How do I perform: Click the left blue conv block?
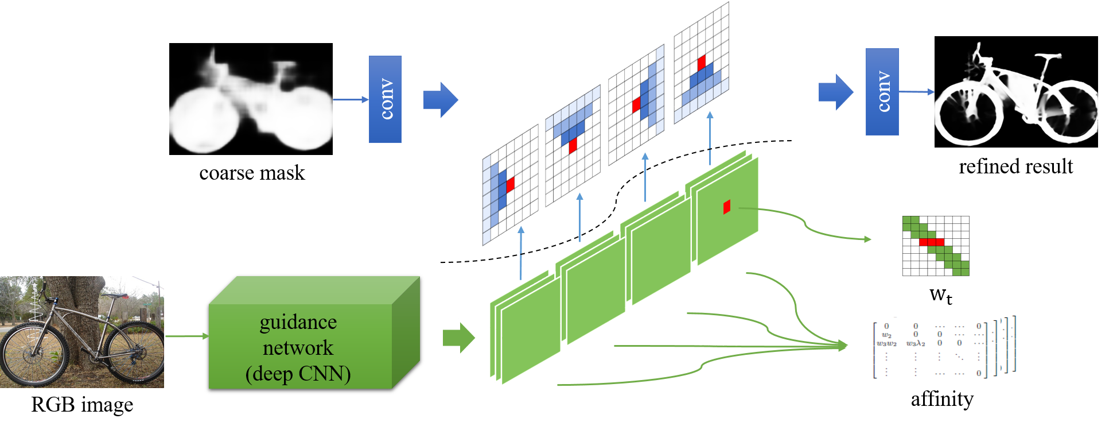pyautogui.click(x=385, y=99)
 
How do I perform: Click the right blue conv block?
pyautogui.click(x=882, y=92)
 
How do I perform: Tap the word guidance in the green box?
pyautogui.click(x=298, y=322)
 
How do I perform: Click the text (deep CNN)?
pyautogui.click(x=298, y=374)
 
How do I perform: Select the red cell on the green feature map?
pyautogui.click(x=726, y=207)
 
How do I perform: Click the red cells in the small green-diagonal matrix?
pyautogui.click(x=932, y=242)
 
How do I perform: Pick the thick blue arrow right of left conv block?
pyautogui.click(x=441, y=99)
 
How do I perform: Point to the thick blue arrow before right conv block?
pyautogui.click(x=836, y=92)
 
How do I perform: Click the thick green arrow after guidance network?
pyautogui.click(x=459, y=338)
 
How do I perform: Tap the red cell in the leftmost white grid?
pyautogui.click(x=510, y=184)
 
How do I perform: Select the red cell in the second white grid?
pyautogui.click(x=572, y=146)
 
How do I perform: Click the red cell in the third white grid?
pyautogui.click(x=636, y=105)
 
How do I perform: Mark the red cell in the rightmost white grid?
pyautogui.click(x=701, y=63)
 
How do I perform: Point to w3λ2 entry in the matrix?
pyautogui.click(x=915, y=343)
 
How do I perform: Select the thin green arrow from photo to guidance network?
pyautogui.click(x=186, y=336)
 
